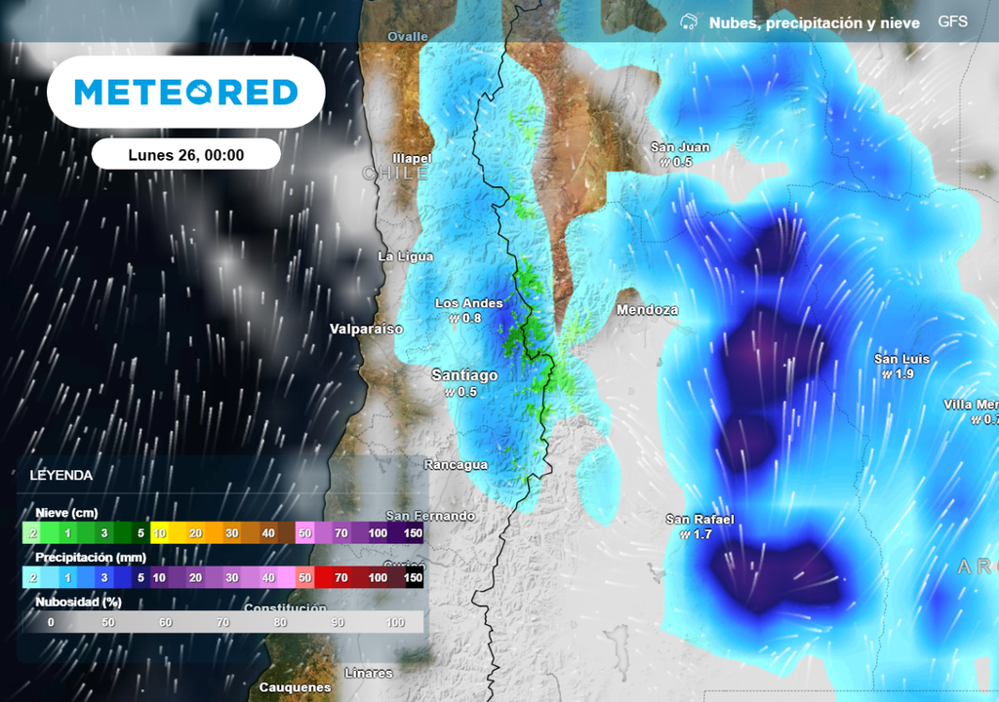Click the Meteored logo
click(x=185, y=93)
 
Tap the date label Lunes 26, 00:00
click(x=185, y=154)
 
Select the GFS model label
click(x=952, y=21)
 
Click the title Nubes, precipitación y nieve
click(x=814, y=22)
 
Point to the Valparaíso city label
click(x=366, y=329)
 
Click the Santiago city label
click(x=464, y=375)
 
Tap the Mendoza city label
click(x=647, y=310)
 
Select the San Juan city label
click(x=680, y=147)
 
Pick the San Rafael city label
click(x=699, y=519)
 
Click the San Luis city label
click(x=901, y=359)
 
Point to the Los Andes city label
click(x=469, y=303)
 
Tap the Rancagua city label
click(x=456, y=465)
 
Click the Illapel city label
click(x=411, y=158)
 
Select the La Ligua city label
click(x=405, y=256)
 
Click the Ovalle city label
click(x=407, y=36)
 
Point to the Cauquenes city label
click(x=295, y=687)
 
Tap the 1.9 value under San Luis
click(x=904, y=374)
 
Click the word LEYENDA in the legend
click(x=61, y=476)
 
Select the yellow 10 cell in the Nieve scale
click(x=160, y=533)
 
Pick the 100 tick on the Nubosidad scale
click(x=395, y=622)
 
